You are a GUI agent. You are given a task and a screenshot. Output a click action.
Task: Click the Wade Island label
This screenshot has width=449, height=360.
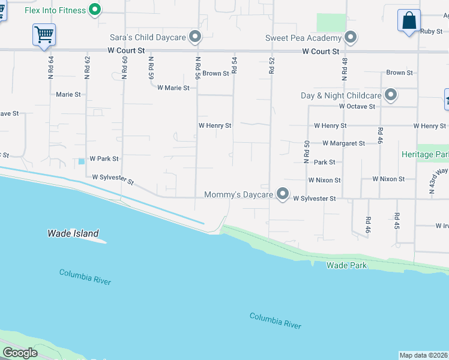[x=73, y=233]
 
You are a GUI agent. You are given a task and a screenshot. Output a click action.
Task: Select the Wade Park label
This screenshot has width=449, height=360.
[x=346, y=265]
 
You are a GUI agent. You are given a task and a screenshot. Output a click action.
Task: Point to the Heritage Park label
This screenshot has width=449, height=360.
[x=425, y=154]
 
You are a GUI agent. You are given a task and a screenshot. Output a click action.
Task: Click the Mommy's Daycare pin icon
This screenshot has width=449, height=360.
[x=283, y=194]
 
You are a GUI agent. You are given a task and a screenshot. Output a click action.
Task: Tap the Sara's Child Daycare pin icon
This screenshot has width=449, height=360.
[x=194, y=37]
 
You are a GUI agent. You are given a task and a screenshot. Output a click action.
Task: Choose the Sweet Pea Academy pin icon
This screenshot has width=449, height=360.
[x=351, y=38]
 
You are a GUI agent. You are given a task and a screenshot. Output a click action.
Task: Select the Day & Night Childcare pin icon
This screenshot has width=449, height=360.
[x=391, y=95]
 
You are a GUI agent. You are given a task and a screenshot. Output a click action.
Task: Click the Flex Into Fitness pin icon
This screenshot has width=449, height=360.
[x=94, y=9]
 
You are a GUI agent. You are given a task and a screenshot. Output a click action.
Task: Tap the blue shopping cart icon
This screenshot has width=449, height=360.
[x=44, y=34]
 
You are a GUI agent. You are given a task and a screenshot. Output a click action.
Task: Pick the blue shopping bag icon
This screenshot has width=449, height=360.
[x=409, y=20]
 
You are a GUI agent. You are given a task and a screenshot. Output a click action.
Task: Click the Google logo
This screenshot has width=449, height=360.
[x=20, y=353]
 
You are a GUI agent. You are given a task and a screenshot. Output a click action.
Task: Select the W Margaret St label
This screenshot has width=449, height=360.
[x=343, y=143]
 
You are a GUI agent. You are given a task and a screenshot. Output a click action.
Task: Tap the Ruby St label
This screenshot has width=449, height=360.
[x=431, y=31]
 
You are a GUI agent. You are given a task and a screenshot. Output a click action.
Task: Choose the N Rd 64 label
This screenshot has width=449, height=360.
[x=51, y=67]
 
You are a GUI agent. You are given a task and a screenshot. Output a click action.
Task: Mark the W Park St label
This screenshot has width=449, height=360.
[x=104, y=159]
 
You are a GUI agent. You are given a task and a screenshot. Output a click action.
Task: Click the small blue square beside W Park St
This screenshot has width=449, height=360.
[x=81, y=161]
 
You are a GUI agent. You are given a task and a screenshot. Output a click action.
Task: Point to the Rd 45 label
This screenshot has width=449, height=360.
[x=397, y=221]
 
